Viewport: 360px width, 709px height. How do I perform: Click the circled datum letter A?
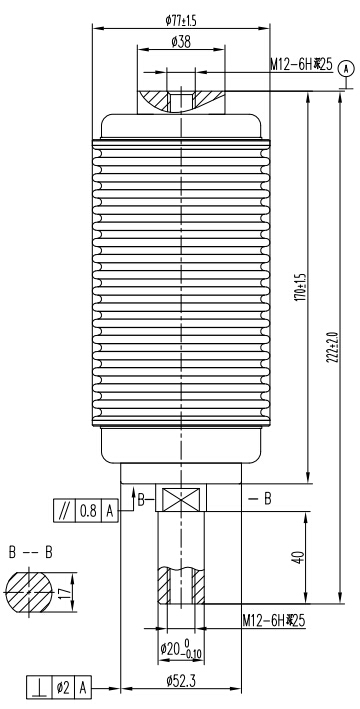[x=346, y=68]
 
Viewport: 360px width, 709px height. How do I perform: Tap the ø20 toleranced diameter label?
[x=181, y=649]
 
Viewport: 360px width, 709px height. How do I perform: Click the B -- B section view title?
[x=29, y=551]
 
